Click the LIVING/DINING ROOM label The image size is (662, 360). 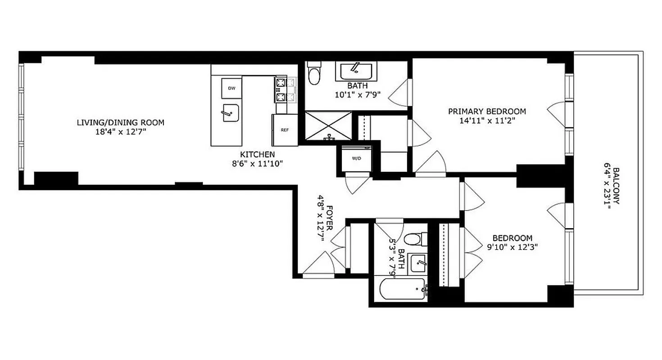click(x=120, y=122)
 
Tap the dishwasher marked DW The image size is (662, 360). click(x=231, y=88)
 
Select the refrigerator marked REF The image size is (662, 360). click(x=285, y=130)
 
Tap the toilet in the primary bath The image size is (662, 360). click(x=314, y=73)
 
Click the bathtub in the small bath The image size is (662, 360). click(x=402, y=289)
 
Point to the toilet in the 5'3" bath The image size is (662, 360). click(x=415, y=239)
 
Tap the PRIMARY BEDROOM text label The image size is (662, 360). click(x=487, y=111)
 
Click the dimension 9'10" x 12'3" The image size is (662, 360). click(x=512, y=247)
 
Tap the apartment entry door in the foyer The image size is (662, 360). click(x=318, y=265)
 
